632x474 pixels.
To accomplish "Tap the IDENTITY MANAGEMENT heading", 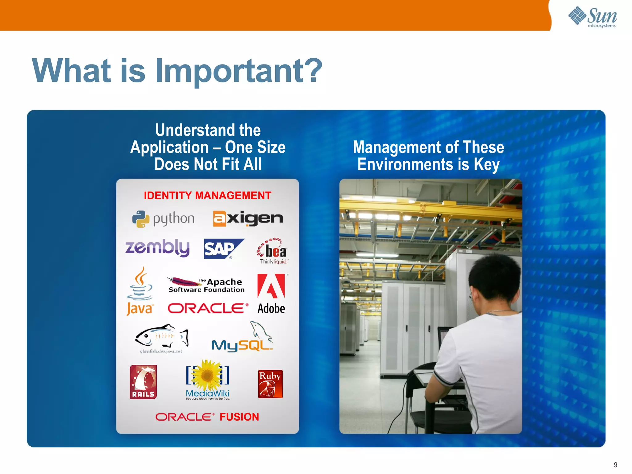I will coord(207,195).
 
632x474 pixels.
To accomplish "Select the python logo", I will coord(163,219).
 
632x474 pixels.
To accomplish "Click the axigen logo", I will coord(248,218).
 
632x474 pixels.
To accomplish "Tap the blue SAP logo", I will coord(223,249).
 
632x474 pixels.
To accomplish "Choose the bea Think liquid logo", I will coord(273,251).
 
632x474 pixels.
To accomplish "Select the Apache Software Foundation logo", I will coord(206,285).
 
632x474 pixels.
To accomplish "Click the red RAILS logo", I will coord(143,382).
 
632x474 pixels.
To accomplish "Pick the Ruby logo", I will coord(270,384).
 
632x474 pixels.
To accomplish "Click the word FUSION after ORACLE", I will coord(239,417).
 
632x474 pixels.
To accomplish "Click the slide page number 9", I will coord(615,465).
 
